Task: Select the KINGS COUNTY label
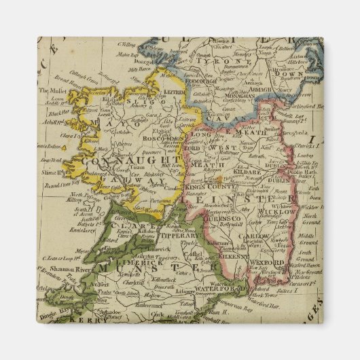click(x=204, y=186)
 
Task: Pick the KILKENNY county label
click(x=232, y=259)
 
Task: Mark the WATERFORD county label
click(x=219, y=289)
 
